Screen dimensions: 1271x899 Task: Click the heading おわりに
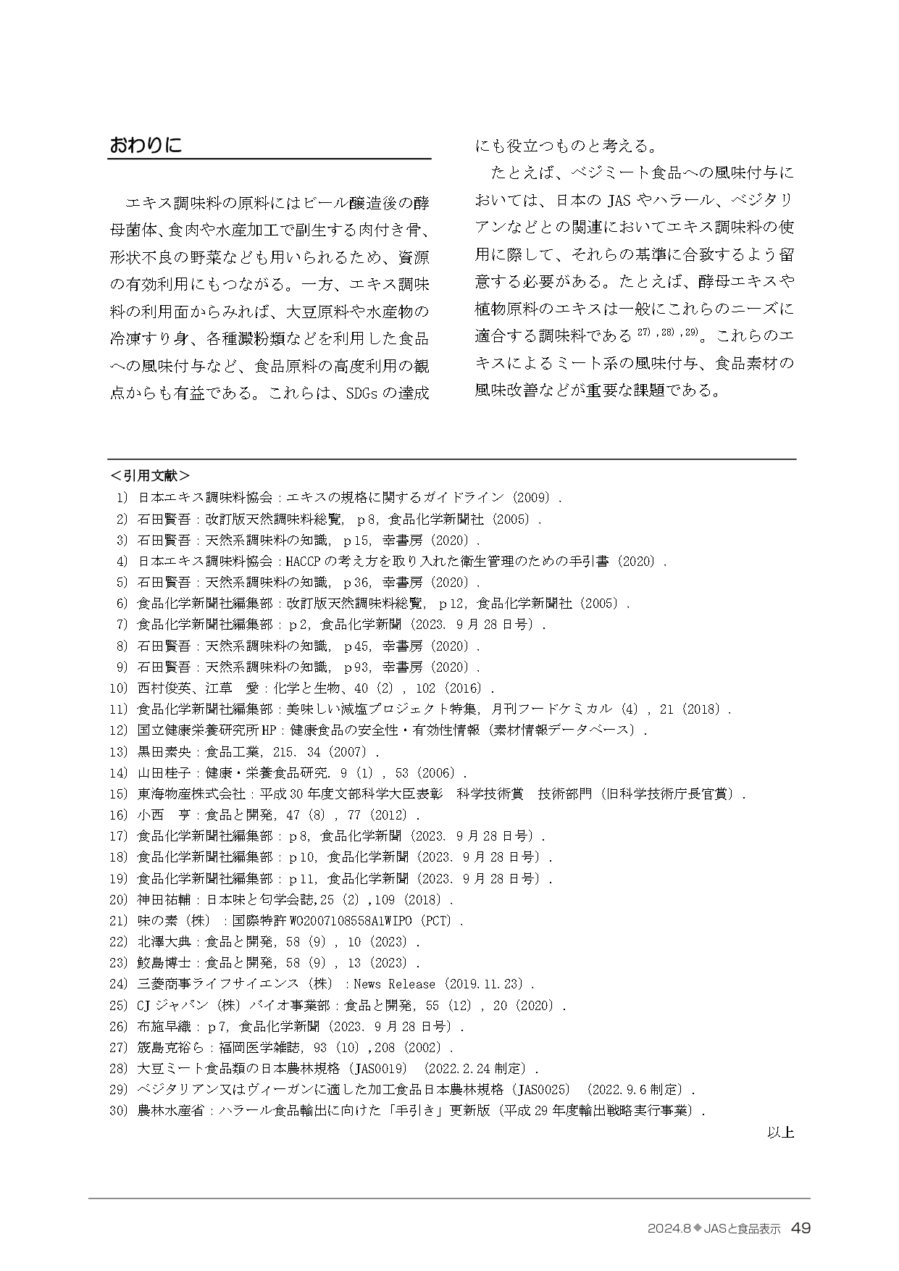tap(145, 145)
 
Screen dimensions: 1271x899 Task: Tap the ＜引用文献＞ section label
tap(150, 475)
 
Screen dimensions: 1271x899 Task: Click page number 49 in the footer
tap(800, 1228)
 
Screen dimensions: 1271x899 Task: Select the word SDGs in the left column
tap(361, 393)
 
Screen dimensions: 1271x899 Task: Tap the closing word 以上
tap(780, 1132)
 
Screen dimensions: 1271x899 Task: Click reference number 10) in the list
tap(118, 688)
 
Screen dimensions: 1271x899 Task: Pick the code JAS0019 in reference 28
tap(381, 1068)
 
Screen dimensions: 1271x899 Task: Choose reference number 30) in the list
tap(118, 1110)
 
